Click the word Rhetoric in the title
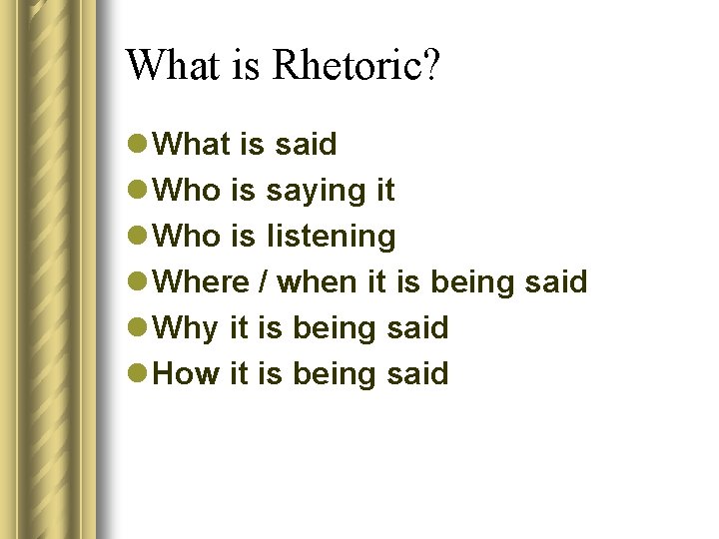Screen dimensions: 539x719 pyautogui.click(x=347, y=66)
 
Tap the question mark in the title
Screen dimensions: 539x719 pyautogui.click(x=430, y=66)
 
